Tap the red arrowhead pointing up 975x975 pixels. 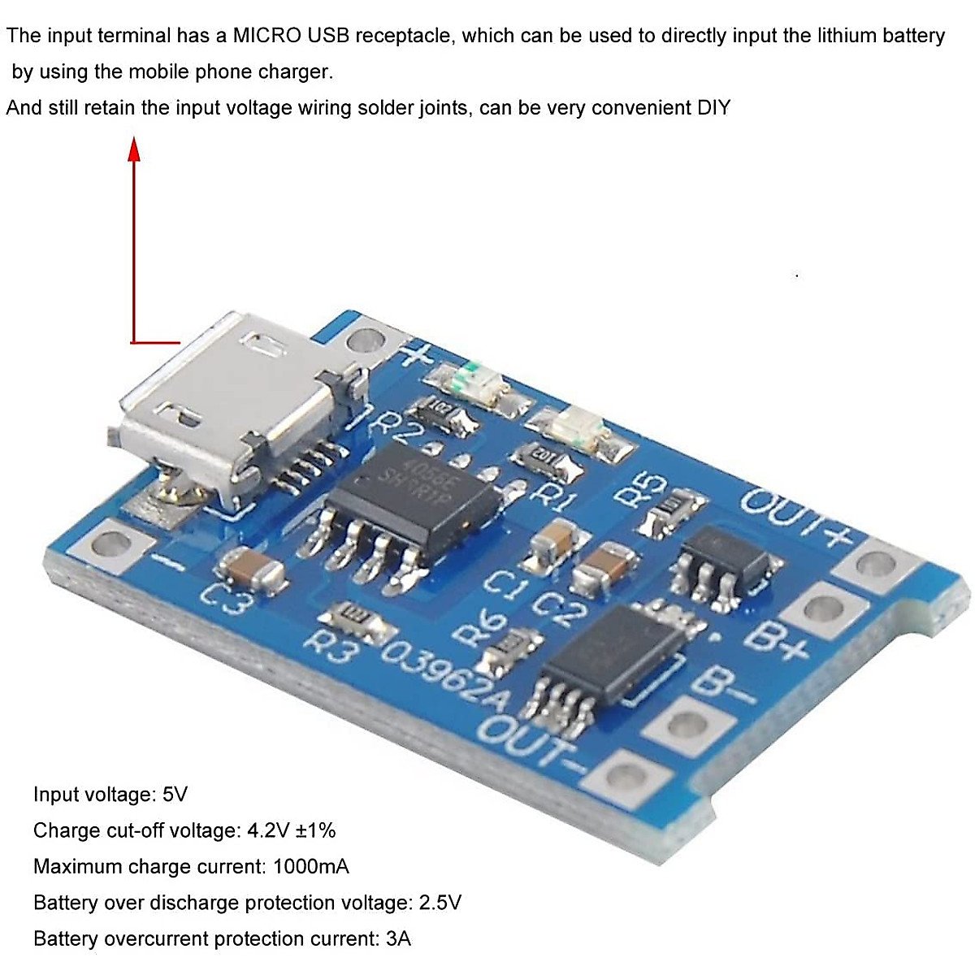[135, 150]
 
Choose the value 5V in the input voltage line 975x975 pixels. [175, 795]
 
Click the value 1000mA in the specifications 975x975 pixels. [311, 866]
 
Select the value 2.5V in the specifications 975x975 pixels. [440, 903]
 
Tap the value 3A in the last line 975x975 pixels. [398, 938]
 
